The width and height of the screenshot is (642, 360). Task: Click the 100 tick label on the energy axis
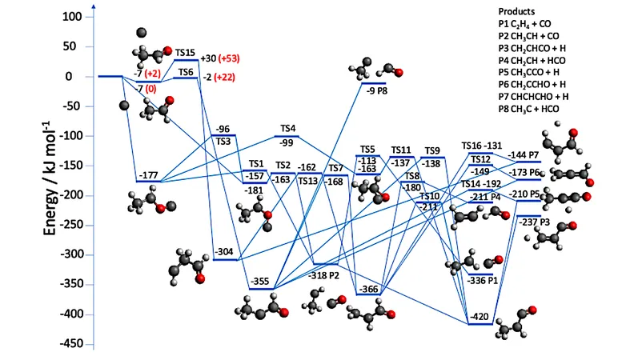(72, 17)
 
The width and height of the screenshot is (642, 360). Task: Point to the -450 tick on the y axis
(70, 344)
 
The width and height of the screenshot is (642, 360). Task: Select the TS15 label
(185, 53)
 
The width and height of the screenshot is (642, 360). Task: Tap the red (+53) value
(229, 58)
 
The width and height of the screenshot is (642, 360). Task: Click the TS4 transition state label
(288, 129)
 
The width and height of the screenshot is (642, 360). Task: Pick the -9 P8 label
(377, 91)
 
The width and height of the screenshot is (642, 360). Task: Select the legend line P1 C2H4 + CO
(524, 24)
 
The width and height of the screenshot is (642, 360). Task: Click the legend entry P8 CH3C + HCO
(528, 110)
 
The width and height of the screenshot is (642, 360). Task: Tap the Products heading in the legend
(516, 11)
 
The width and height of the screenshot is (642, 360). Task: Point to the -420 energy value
(479, 317)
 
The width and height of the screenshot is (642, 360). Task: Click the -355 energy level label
(259, 282)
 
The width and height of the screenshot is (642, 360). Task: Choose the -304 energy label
(224, 252)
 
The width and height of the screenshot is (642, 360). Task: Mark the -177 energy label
(148, 175)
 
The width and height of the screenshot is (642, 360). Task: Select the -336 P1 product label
(483, 281)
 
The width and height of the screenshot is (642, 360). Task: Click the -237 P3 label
(534, 222)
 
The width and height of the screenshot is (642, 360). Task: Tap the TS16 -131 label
(482, 146)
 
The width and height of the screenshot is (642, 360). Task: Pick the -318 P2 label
(323, 275)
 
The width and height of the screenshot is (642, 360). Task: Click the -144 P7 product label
(524, 155)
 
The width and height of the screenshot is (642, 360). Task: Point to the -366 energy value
(368, 290)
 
